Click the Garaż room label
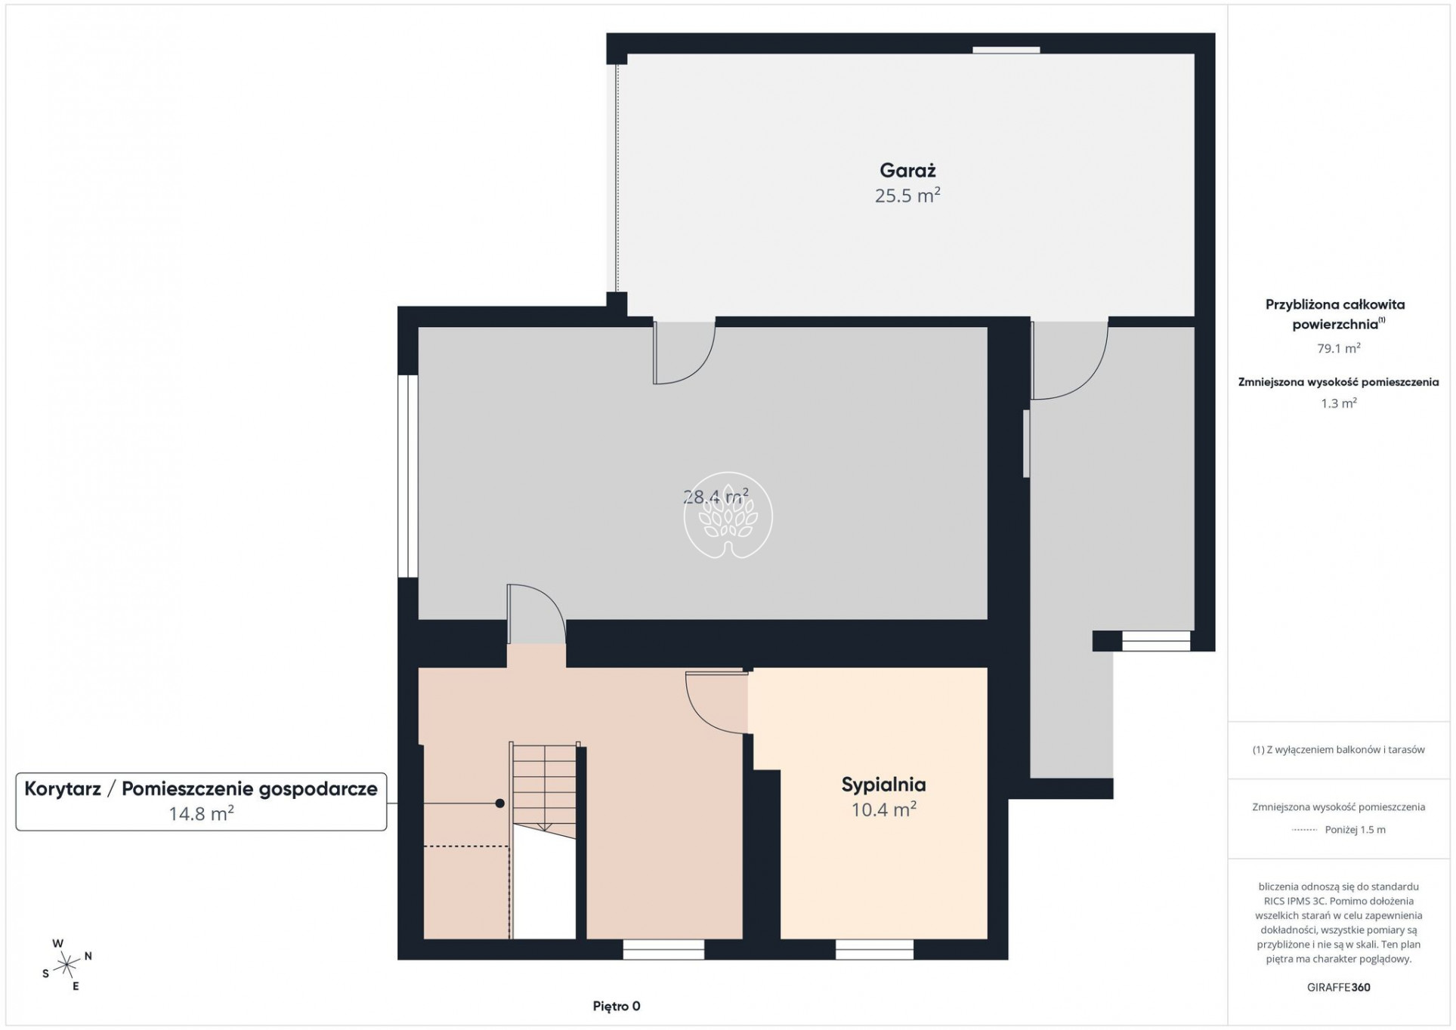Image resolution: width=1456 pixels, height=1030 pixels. point(907,171)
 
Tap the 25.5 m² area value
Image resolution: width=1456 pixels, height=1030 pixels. point(907,196)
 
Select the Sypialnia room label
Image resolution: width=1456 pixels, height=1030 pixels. point(883,785)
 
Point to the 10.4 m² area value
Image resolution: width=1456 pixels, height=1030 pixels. point(883,810)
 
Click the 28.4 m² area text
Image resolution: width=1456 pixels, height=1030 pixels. point(715,496)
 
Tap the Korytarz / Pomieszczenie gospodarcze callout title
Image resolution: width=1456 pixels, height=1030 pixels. point(201,789)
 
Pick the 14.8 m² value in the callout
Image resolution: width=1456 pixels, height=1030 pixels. point(201,813)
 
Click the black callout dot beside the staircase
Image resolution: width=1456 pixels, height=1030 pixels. point(499,803)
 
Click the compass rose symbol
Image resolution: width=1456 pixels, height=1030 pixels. point(66,964)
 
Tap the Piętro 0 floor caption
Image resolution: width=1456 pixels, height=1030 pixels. point(617,1006)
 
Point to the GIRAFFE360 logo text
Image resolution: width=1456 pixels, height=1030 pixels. point(1338,987)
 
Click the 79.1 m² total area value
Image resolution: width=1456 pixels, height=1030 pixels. point(1338,348)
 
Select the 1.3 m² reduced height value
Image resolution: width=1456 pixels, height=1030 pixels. point(1338,403)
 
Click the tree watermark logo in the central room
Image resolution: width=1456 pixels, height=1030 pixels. point(728,516)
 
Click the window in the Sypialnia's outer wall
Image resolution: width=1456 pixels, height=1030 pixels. point(874,949)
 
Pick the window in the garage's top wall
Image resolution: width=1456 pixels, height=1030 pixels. point(1006,50)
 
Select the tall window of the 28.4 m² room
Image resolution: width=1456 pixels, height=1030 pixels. point(408,476)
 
